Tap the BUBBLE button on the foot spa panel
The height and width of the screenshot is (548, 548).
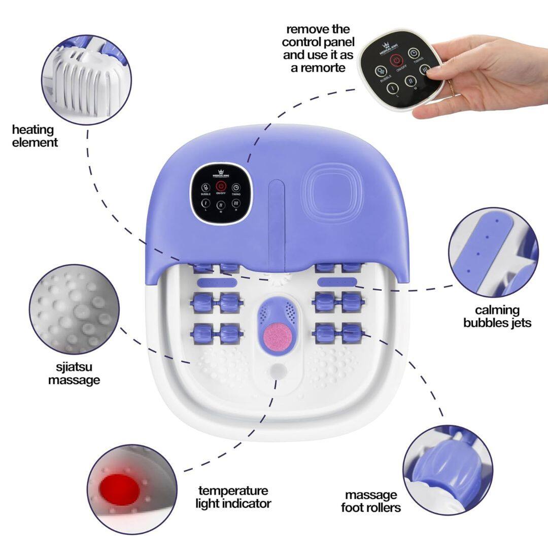point(205,188)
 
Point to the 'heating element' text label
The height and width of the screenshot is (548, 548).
point(35,136)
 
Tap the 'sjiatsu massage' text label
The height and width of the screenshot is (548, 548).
point(74,373)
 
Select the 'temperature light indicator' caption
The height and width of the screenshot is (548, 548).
point(234,497)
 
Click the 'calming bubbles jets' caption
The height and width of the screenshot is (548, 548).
point(497,316)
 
